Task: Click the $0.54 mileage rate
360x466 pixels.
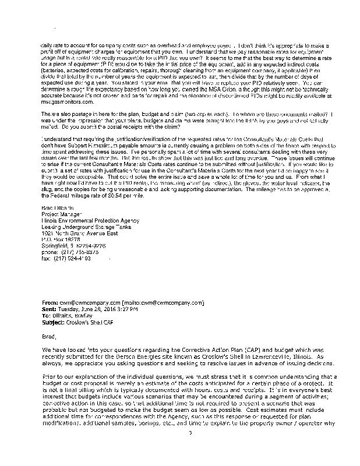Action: [121, 196]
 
